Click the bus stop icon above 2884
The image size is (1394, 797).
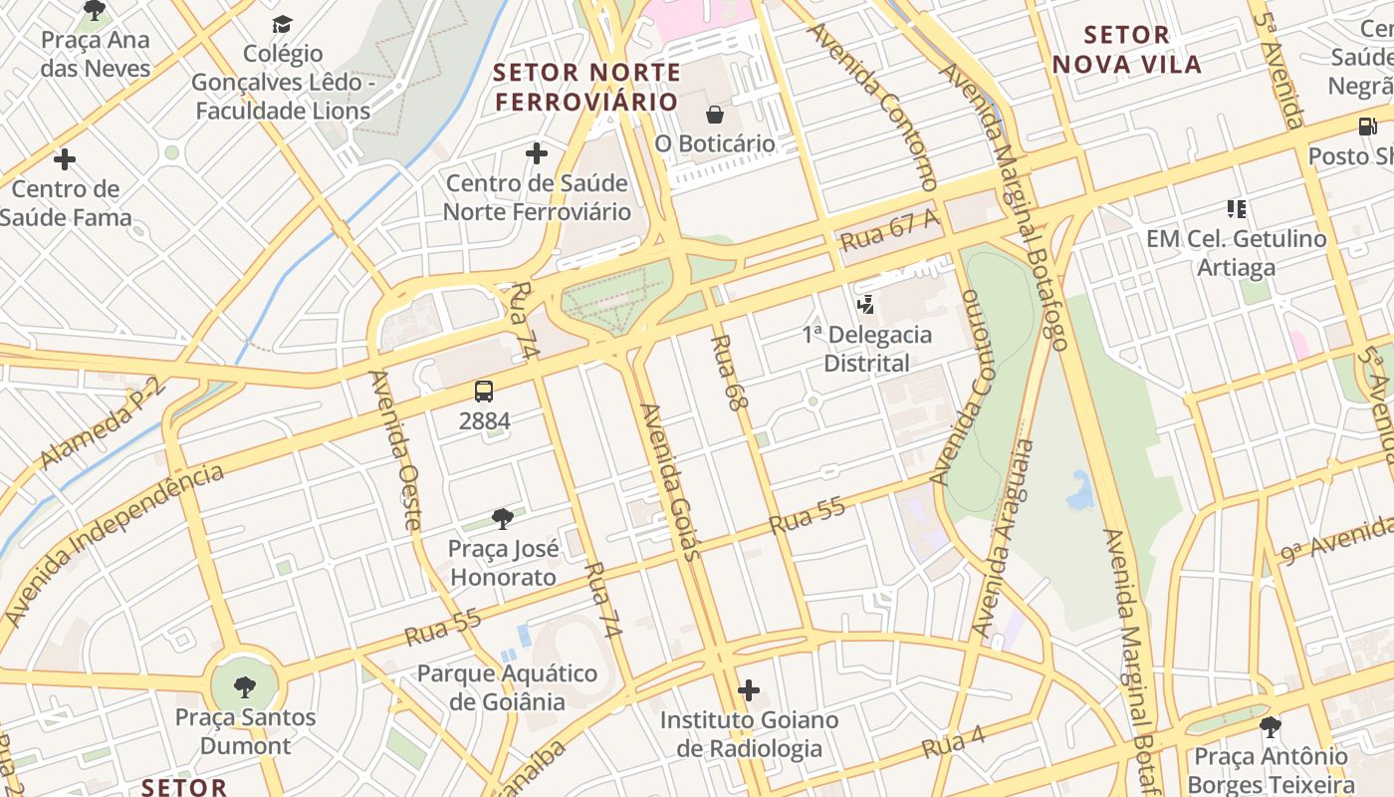(x=484, y=392)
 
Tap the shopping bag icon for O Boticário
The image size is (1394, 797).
(x=714, y=115)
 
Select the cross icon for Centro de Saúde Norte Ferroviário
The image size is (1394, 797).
(x=537, y=153)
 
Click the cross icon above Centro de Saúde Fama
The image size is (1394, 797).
(x=65, y=159)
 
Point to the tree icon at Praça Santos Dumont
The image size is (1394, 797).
(x=244, y=686)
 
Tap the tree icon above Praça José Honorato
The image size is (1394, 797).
(x=503, y=518)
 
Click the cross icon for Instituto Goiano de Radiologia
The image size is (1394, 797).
(x=749, y=690)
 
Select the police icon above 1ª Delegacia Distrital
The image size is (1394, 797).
(x=866, y=304)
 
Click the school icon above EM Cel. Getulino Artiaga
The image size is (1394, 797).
(x=1236, y=209)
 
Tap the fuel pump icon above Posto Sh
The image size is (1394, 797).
(x=1367, y=127)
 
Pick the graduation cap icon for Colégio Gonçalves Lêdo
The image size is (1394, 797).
(x=283, y=24)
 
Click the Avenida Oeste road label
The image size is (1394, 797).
(x=396, y=450)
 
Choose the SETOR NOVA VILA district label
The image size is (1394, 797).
(x=1127, y=50)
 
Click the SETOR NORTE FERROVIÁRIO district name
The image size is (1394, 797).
(x=587, y=87)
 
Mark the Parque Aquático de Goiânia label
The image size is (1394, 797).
(x=507, y=687)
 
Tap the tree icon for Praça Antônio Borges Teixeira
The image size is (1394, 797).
(x=1270, y=727)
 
